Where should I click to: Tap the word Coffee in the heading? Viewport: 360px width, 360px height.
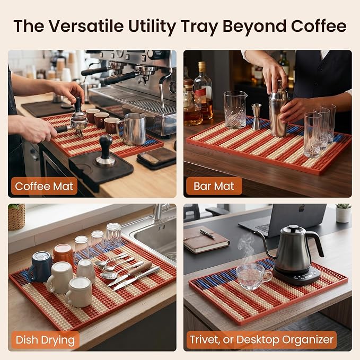[319, 25]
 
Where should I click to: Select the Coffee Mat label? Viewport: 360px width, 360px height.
[44, 186]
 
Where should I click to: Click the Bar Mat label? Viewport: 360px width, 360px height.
[214, 186]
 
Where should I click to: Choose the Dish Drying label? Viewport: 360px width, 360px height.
[45, 340]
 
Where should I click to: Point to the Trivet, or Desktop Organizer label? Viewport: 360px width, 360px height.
[261, 340]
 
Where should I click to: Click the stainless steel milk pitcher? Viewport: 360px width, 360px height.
[131, 129]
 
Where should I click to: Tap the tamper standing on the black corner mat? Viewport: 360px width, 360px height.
[106, 151]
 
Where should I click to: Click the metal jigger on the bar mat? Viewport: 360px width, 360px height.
[257, 117]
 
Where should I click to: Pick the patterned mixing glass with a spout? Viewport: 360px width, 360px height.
[235, 110]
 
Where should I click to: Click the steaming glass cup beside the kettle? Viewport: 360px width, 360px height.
[252, 277]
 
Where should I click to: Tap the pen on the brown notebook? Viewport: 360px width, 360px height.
[207, 234]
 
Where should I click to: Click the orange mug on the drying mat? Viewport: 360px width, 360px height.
[64, 254]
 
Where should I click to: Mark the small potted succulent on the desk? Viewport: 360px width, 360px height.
[343, 213]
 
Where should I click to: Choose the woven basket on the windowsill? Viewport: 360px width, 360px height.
[16, 217]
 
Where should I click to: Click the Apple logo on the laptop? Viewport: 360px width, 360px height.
[302, 208]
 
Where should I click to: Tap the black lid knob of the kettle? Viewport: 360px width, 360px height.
[293, 228]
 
